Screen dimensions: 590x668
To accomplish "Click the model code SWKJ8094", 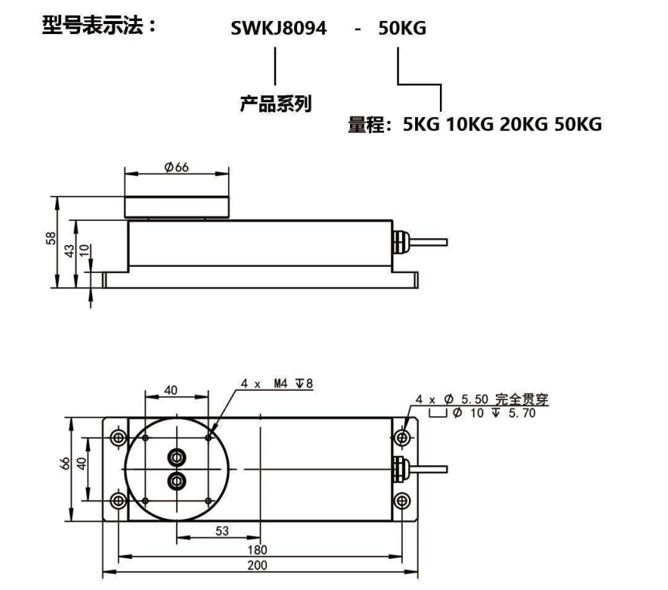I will (279, 29).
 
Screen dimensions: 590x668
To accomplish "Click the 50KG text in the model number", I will (403, 29).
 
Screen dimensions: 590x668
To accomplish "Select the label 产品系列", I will (275, 104).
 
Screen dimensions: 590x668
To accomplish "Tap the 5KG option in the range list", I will (421, 124).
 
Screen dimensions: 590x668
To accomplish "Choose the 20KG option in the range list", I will (524, 124).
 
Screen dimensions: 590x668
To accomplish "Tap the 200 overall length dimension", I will (257, 565).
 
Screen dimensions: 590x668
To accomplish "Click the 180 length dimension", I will (257, 549).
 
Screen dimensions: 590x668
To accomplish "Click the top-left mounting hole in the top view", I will (118, 439).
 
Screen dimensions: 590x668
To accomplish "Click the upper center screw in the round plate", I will (177, 455).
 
